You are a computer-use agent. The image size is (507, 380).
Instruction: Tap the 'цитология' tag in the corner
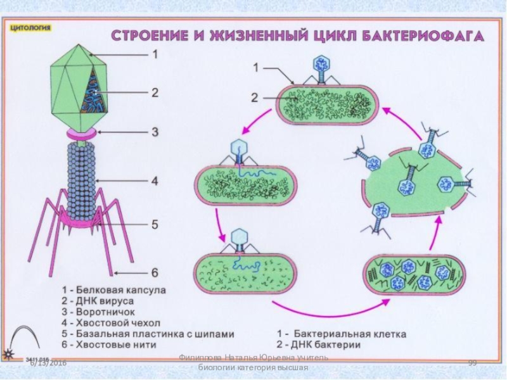(x=30, y=28)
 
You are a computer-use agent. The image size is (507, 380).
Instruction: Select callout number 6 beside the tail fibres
(x=154, y=272)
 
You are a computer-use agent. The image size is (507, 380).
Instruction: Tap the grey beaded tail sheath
(x=80, y=177)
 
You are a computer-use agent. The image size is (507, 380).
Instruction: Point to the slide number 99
(x=472, y=362)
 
